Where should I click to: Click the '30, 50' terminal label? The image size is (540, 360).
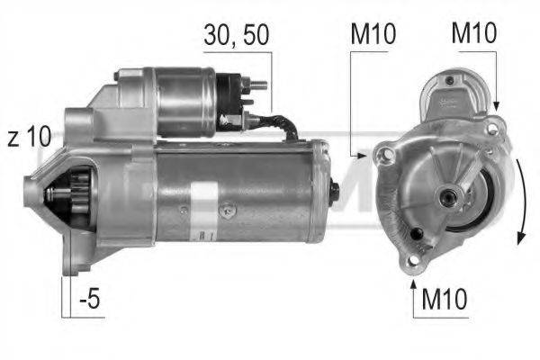pos(235,37)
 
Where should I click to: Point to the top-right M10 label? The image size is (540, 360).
pos(472,37)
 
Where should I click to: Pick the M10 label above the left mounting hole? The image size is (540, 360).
pos(371,37)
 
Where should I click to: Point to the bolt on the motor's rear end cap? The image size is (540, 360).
pos(334,191)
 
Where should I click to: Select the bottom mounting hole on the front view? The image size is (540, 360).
pos(412,261)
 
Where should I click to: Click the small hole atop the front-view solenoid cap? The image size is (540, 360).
pos(447,82)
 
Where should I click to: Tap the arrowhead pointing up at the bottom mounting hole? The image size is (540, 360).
pos(413,286)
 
